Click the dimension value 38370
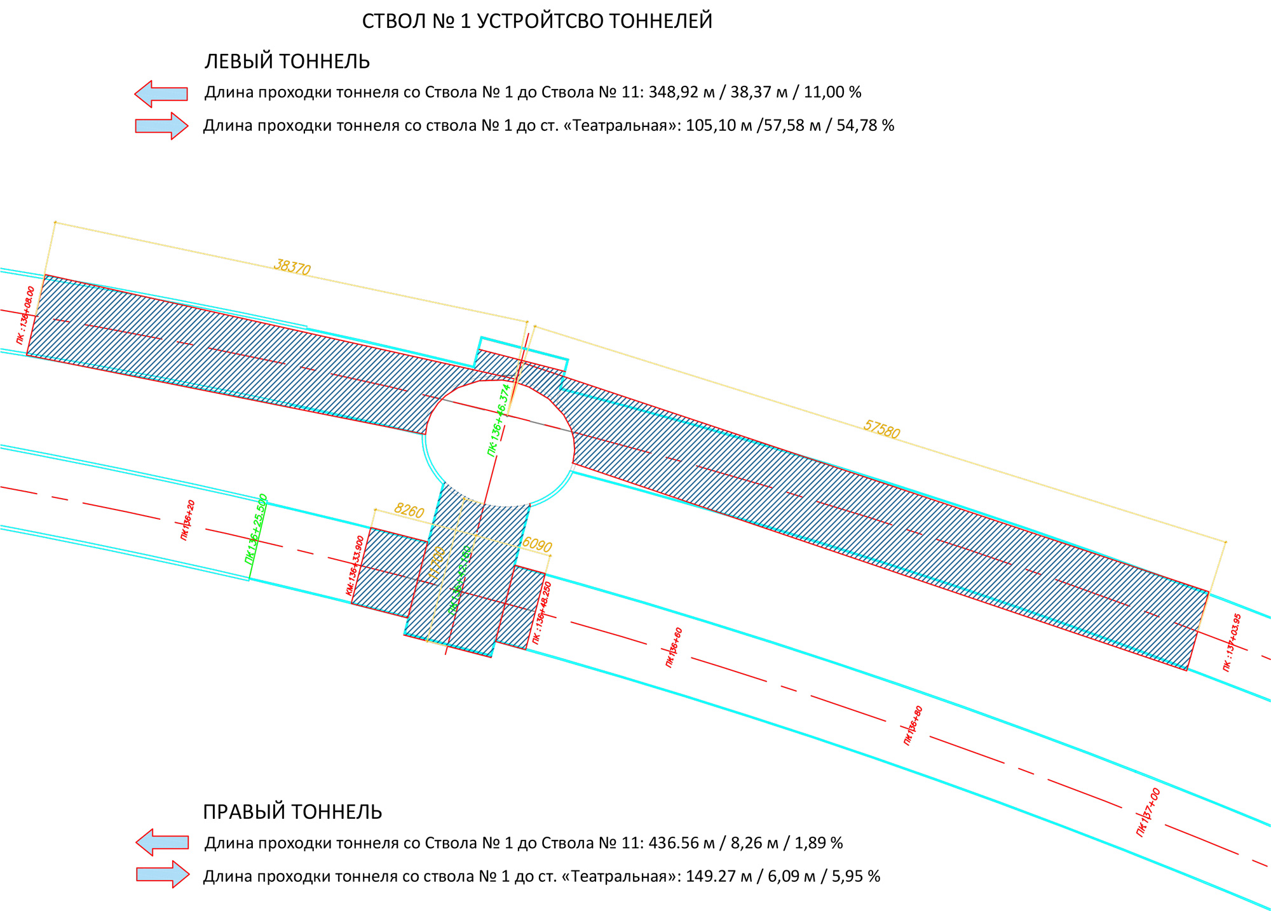pyautogui.click(x=292, y=267)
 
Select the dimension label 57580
pyautogui.click(x=881, y=430)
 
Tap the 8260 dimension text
pyautogui.click(x=409, y=511)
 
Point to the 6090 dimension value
pyautogui.click(x=536, y=544)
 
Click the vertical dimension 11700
pyautogui.click(x=437, y=562)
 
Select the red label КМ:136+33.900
pyautogui.click(x=355, y=565)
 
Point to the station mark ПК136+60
pyautogui.click(x=674, y=647)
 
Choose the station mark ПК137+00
pyautogui.click(x=1148, y=813)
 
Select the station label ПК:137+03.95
pyautogui.click(x=1232, y=642)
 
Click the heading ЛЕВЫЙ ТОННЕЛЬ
pyautogui.click(x=287, y=62)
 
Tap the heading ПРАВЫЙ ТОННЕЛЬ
pyautogui.click(x=292, y=812)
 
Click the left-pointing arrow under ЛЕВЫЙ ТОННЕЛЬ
pyautogui.click(x=161, y=93)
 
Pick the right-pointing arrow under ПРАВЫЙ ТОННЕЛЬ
pyautogui.click(x=163, y=875)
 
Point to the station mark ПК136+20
pyautogui.click(x=187, y=520)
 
